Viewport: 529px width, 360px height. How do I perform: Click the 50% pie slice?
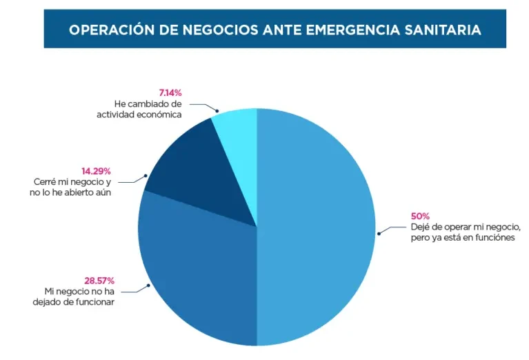pos(315,227)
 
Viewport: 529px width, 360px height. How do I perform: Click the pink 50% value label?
pos(420,216)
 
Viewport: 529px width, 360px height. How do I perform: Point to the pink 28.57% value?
pos(99,281)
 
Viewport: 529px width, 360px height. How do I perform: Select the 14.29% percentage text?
pos(96,171)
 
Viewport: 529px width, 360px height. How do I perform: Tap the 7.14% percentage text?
pos(170,92)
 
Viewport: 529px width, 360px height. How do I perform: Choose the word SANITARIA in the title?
pos(443,30)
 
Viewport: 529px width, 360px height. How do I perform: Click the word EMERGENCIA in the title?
pos(353,30)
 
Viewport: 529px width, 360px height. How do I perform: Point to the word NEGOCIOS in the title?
pos(220,30)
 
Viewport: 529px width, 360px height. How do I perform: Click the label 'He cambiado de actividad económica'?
pos(139,109)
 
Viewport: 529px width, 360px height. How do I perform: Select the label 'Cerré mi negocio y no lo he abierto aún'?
pos(70,187)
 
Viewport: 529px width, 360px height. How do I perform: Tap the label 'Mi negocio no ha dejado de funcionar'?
pos(74,297)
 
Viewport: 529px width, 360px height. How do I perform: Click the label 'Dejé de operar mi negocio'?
pos(466,227)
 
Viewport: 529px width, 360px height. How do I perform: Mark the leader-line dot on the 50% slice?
pos(379,234)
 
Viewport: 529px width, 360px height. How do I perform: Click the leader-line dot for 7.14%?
pos(217,110)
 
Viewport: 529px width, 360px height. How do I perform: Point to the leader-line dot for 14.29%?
pos(146,175)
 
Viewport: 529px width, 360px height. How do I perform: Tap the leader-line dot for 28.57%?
pos(148,286)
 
